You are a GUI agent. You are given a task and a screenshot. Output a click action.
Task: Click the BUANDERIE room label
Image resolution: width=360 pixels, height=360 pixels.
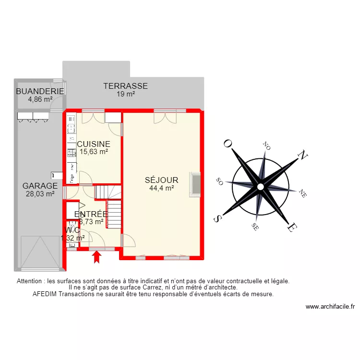coord(40,92)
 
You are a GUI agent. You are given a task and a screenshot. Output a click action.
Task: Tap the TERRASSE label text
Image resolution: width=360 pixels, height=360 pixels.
coord(125,86)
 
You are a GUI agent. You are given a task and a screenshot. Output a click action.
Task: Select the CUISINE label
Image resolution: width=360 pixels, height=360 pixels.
coord(94,144)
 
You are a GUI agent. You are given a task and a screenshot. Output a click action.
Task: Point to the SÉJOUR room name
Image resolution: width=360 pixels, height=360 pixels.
coord(162,180)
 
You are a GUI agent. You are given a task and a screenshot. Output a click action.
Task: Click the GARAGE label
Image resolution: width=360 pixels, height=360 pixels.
coord(40,186)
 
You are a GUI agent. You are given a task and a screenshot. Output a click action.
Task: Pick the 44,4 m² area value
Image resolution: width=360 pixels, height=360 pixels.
coord(161,189)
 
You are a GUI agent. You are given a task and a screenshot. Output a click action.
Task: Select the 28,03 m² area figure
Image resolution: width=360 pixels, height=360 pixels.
coord(40,194)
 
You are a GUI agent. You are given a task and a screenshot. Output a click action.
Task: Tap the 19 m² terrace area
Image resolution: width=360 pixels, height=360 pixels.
coord(126,94)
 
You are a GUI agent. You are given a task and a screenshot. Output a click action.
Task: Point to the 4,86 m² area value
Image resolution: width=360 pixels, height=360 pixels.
coord(40,99)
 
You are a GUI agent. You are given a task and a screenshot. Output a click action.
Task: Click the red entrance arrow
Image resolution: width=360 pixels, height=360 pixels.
coord(97,258)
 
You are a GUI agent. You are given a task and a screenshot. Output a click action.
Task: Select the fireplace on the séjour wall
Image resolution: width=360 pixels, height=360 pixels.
coord(195,185)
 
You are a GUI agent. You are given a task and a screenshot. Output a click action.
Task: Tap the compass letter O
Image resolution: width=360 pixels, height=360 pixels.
coord(228,144)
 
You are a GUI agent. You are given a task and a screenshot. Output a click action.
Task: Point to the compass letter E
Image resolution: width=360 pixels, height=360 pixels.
coord(291,228)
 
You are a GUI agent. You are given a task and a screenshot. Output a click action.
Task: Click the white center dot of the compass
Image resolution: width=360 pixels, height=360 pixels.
coord(260,186)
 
